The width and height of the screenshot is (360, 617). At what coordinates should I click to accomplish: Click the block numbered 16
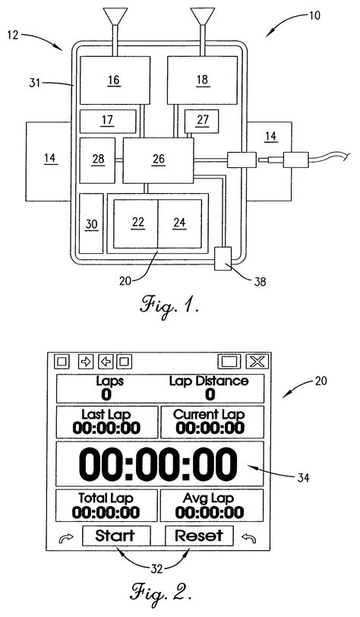pyautogui.click(x=113, y=81)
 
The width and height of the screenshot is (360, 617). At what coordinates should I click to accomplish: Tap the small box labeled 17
pyautogui.click(x=108, y=121)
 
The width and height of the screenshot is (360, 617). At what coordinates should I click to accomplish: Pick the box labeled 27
pyautogui.click(x=201, y=120)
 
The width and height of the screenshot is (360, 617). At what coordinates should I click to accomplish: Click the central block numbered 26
pyautogui.click(x=158, y=160)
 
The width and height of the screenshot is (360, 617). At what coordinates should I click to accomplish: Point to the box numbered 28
pyautogui.click(x=97, y=160)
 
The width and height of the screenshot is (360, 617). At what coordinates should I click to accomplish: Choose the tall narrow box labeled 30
pyautogui.click(x=92, y=223)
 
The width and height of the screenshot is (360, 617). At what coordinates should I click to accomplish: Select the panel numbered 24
pyautogui.click(x=179, y=223)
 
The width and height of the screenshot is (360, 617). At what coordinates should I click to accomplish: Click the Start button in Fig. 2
pyautogui.click(x=115, y=535)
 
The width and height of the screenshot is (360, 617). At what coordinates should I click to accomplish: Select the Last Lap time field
pyautogui.click(x=105, y=422)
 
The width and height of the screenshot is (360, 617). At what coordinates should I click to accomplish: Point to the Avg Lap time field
pyautogui.click(x=210, y=505)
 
